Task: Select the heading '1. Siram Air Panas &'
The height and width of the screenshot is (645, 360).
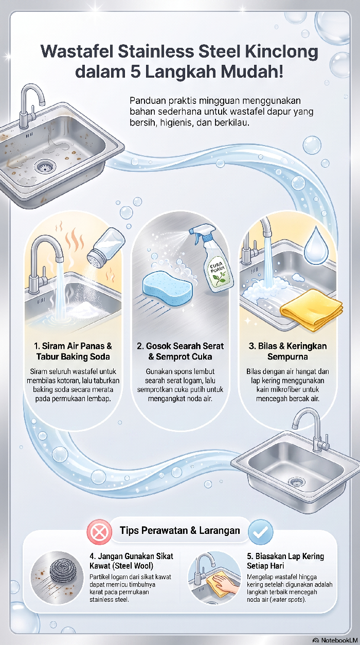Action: pyautogui.click(x=73, y=346)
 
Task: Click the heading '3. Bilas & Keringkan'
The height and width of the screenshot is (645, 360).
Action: pyautogui.click(x=287, y=346)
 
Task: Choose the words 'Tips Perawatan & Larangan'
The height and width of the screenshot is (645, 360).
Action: pyautogui.click(x=179, y=530)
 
